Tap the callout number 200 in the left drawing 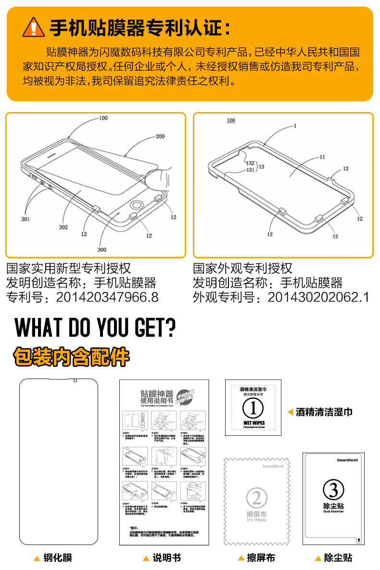point(160,137)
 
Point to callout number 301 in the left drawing point(25,219)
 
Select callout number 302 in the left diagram point(63,227)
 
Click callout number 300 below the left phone point(101,250)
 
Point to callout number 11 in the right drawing point(322,157)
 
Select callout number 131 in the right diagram point(251,170)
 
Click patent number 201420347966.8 point(107,297)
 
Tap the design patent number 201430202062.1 point(318,297)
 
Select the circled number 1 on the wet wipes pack point(253,408)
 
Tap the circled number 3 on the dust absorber point(333,490)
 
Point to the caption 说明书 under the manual point(166,558)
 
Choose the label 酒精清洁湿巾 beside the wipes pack point(324,412)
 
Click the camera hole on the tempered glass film point(75,381)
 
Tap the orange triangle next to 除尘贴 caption point(318,558)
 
